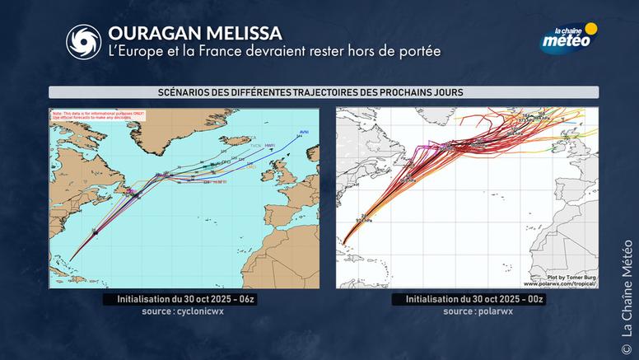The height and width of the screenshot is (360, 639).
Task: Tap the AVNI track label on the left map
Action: tap(304, 130)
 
